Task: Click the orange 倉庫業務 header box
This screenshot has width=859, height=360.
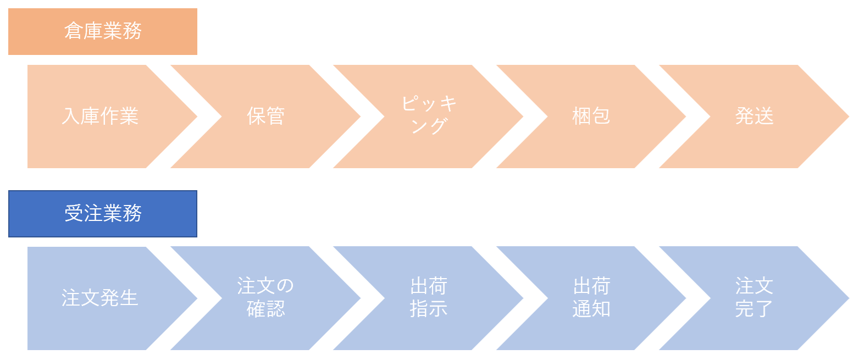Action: coord(103,31)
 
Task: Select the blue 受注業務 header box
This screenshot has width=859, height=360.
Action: coord(103,214)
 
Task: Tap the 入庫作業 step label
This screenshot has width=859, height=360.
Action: coord(100,117)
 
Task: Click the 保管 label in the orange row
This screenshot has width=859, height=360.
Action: coord(265,117)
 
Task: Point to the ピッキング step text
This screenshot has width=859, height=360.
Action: coord(429,115)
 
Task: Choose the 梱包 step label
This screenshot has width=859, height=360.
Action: coord(591,117)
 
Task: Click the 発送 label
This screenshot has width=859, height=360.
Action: coord(754,117)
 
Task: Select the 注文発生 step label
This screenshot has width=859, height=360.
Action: coord(100,298)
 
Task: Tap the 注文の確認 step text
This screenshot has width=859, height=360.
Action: coord(265,298)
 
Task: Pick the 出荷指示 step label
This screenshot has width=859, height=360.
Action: coord(429,298)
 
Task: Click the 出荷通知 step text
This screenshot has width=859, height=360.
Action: coord(591,298)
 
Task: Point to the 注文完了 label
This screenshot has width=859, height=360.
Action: coord(754,298)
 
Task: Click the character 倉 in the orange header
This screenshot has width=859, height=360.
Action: coord(74,31)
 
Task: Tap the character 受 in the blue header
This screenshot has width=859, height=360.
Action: coord(74,214)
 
